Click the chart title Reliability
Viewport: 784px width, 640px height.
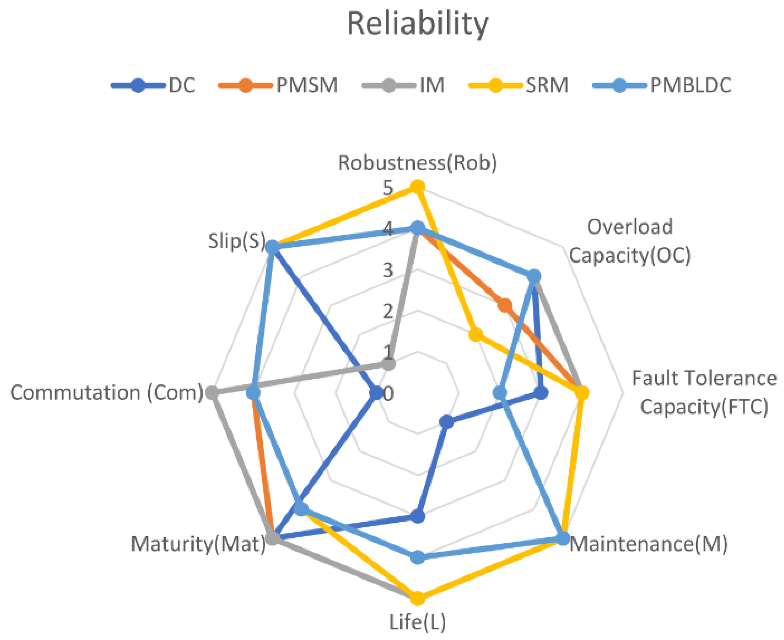pyautogui.click(x=418, y=24)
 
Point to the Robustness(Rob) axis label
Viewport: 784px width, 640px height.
pyautogui.click(x=418, y=163)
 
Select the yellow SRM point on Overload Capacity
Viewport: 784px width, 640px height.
pyautogui.click(x=476, y=335)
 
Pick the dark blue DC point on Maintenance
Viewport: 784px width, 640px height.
pyautogui.click(x=447, y=422)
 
